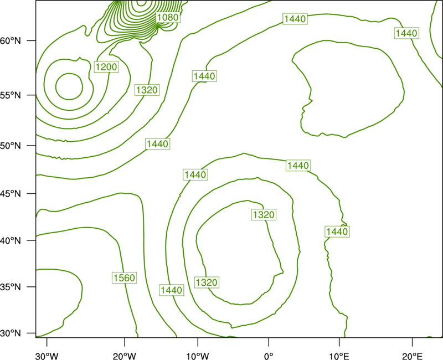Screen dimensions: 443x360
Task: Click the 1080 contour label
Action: [x=168, y=18]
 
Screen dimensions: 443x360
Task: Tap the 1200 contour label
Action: [x=106, y=67]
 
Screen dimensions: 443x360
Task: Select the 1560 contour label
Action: [x=124, y=278]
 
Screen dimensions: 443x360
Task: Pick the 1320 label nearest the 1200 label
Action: [x=147, y=90]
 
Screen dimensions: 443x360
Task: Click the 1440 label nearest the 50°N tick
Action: [x=158, y=144]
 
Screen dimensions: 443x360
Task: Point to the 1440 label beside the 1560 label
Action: [x=172, y=290]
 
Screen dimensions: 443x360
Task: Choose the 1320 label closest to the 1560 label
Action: [x=207, y=282]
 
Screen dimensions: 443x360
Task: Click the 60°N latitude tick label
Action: [x=11, y=41]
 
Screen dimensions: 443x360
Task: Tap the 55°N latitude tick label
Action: [x=11, y=95]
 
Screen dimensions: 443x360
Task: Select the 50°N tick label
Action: [x=11, y=146]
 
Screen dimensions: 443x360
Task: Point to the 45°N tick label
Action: [x=11, y=193]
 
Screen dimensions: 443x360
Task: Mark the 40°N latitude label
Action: [x=11, y=241]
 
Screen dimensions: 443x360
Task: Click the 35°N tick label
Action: [x=11, y=287]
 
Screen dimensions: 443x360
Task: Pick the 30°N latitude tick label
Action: [x=11, y=333]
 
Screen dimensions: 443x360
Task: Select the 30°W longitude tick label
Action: [x=47, y=356]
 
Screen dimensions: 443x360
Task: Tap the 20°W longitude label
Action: [x=124, y=356]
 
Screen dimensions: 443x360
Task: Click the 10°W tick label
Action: [x=198, y=356]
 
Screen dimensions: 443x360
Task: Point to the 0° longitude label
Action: [x=269, y=356]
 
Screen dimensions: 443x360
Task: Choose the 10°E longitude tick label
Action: [x=339, y=356]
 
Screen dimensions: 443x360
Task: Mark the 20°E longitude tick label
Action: [x=413, y=356]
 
